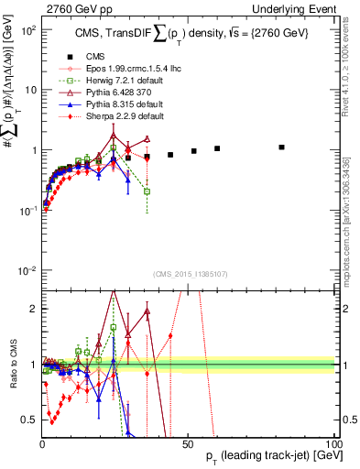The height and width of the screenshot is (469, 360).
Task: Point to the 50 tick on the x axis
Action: (x=187, y=442)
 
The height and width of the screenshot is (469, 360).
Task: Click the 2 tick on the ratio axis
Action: (x=33, y=308)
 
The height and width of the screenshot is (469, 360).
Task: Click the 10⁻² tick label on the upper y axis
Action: (x=27, y=270)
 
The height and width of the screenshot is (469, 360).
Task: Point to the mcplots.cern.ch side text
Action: (x=352, y=211)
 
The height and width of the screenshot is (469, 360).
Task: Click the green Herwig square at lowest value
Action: (x=147, y=191)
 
